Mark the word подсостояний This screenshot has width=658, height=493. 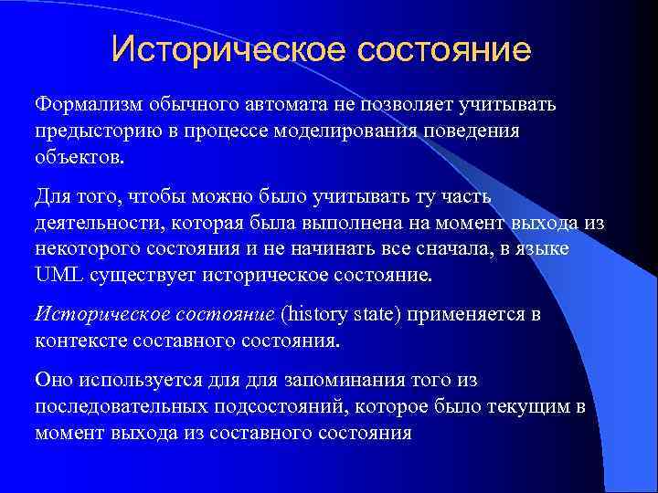[x=278, y=406]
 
